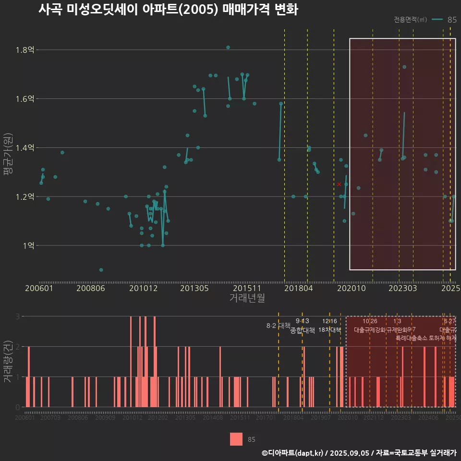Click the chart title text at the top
(168, 10)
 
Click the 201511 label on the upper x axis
(246, 288)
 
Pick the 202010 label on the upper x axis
(351, 288)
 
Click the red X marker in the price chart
(339, 184)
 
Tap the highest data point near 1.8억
(228, 47)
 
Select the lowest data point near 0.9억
(101, 270)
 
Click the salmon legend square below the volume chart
(236, 439)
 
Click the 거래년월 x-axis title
(247, 298)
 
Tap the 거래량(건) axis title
(9, 361)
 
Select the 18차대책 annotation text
(329, 330)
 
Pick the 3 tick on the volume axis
(18, 316)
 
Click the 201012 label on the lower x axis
(133, 418)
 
